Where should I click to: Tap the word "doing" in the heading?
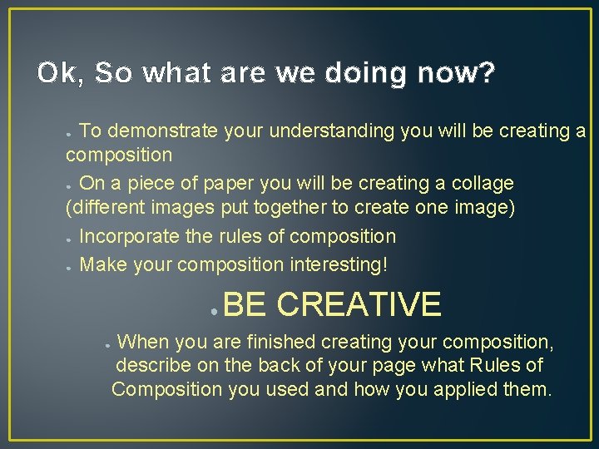click(x=366, y=74)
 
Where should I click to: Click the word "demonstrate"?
click(x=163, y=131)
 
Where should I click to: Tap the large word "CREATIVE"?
click(x=359, y=304)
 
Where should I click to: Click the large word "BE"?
click(x=245, y=304)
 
